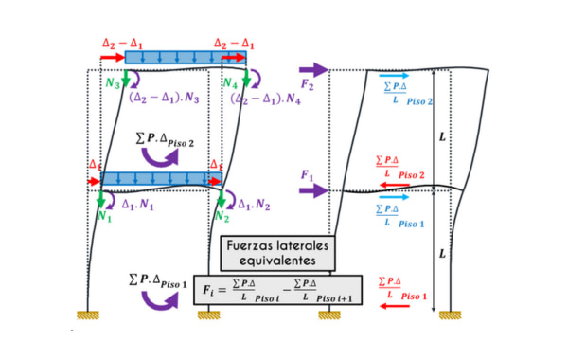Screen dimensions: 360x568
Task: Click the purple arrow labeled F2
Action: [314, 70]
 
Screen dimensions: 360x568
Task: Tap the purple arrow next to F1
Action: [314, 190]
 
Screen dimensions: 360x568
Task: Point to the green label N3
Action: [114, 82]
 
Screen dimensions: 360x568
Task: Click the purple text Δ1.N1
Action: [138, 203]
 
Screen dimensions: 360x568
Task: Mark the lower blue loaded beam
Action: [156, 178]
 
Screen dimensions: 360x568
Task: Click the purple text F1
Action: [307, 175]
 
